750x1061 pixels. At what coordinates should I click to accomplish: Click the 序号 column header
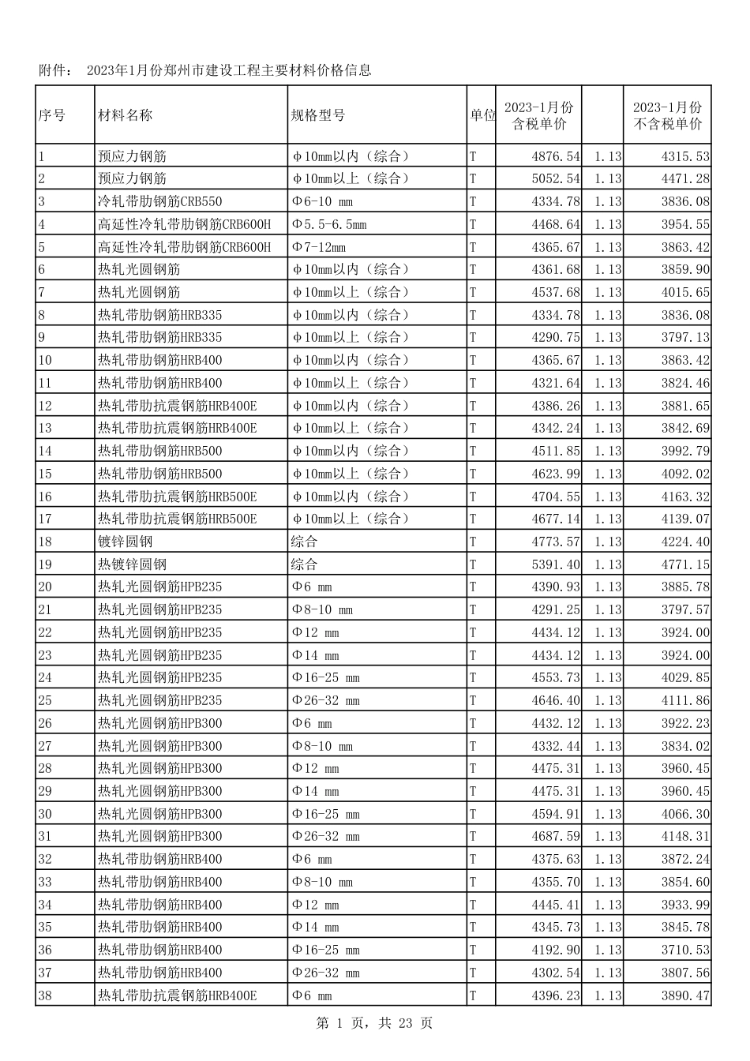[x=52, y=115]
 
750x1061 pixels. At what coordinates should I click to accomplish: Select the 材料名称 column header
[x=125, y=115]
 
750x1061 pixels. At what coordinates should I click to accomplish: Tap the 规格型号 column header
[x=318, y=115]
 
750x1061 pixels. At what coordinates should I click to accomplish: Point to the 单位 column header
[x=482, y=115]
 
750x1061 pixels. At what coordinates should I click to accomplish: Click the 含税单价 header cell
[x=539, y=116]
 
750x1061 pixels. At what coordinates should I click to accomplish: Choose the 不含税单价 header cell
[x=667, y=116]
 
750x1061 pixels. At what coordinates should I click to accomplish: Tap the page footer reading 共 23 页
[x=406, y=1023]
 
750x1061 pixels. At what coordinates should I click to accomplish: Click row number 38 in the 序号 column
[x=45, y=995]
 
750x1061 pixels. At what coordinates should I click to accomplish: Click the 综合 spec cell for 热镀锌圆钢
[x=305, y=564]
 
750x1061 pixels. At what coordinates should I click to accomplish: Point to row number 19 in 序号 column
[x=45, y=564]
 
